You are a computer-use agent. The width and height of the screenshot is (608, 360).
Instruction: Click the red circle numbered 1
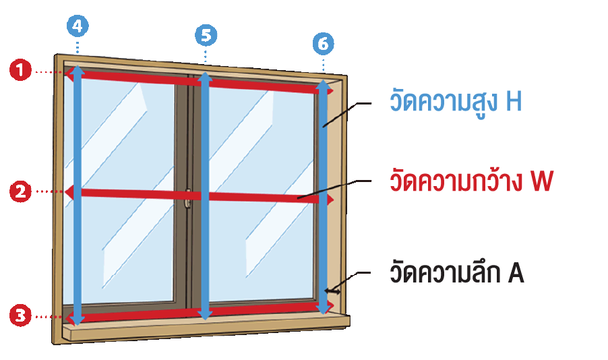[21, 70]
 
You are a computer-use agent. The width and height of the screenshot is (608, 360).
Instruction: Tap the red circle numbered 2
[21, 192]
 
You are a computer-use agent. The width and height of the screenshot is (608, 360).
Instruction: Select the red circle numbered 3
[21, 315]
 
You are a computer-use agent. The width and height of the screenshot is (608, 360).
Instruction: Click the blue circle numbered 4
[78, 26]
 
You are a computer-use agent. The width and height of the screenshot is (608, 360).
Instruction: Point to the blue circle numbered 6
[324, 44]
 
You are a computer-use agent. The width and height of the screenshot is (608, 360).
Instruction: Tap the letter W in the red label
[541, 183]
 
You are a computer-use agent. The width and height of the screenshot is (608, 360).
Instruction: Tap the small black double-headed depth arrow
[331, 291]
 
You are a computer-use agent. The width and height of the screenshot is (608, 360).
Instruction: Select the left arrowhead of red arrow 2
[68, 192]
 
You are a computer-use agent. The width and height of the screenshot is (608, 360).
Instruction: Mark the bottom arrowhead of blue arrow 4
[78, 320]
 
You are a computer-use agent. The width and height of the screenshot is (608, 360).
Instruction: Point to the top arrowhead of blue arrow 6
[324, 85]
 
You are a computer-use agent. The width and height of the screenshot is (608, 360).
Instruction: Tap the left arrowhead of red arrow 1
[68, 75]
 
